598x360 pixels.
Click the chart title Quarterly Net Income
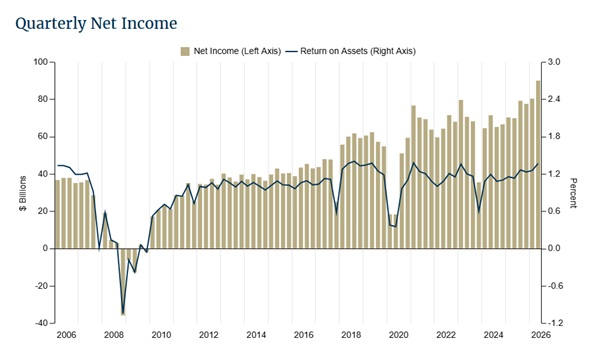(96, 24)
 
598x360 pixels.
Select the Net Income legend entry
(231, 51)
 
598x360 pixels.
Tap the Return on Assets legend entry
(351, 51)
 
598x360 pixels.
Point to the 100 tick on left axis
(41, 62)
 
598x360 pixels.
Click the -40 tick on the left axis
(42, 323)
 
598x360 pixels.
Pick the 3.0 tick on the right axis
(553, 62)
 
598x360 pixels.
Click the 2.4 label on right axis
(553, 99)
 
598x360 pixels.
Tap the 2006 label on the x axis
(66, 335)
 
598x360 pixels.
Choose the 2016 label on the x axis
(304, 335)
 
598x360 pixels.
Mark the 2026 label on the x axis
(541, 335)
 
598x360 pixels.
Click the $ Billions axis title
(23, 193)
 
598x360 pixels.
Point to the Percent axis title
(573, 193)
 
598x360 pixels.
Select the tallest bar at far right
(538, 164)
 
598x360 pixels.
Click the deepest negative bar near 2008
(123, 282)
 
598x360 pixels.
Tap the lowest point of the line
(123, 313)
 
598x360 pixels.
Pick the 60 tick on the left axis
(44, 137)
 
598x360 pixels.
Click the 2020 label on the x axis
(399, 335)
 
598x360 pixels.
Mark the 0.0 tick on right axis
(553, 248)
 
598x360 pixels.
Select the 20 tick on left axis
(44, 211)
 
